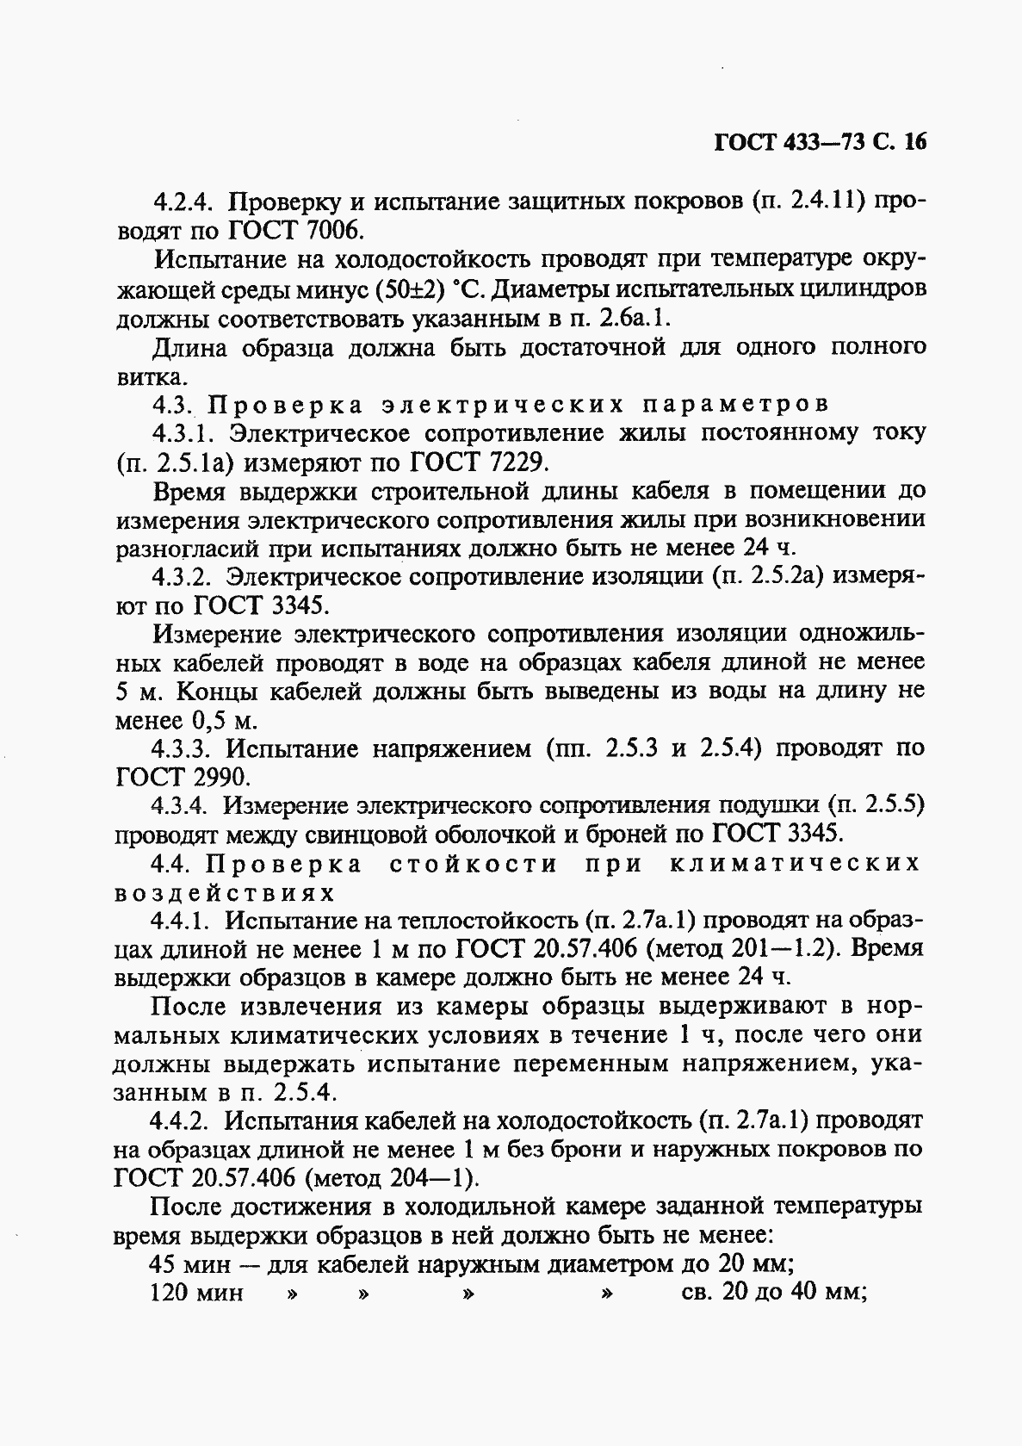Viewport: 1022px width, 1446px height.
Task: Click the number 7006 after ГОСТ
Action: click(x=319, y=231)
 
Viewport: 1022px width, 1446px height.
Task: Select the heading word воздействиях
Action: click(x=225, y=892)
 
